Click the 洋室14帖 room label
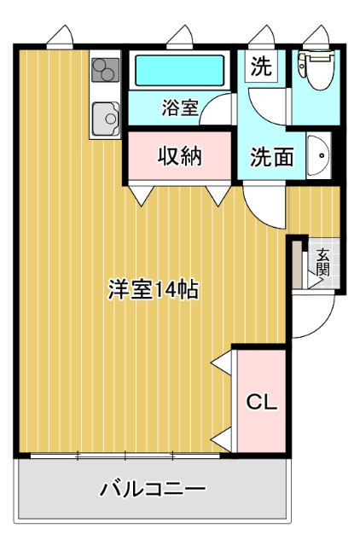pyautogui.click(x=154, y=289)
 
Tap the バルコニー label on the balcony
pyautogui.click(x=153, y=490)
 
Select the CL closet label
pyautogui.click(x=262, y=402)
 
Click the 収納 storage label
pyautogui.click(x=180, y=157)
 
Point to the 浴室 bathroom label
pyautogui.click(x=180, y=108)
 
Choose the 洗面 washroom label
pyautogui.click(x=272, y=157)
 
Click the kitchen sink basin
pyautogui.click(x=106, y=115)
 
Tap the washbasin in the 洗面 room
pyautogui.click(x=317, y=155)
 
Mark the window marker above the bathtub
pyautogui.click(x=180, y=37)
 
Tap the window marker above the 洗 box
pyautogui.click(x=262, y=37)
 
